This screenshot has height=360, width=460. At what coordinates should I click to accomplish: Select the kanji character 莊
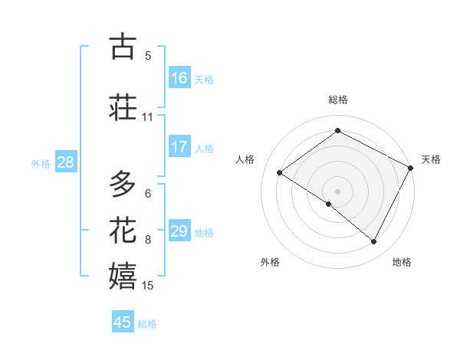tap(123, 106)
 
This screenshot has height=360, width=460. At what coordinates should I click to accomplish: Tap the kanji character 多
tap(123, 184)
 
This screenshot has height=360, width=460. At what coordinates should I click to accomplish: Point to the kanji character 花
tap(123, 230)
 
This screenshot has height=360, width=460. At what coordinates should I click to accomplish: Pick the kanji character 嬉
tap(123, 276)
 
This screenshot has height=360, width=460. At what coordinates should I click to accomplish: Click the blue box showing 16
tap(179, 77)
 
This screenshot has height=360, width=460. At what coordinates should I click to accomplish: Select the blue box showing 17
tap(179, 147)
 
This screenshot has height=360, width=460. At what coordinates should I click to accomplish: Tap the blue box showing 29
tap(179, 231)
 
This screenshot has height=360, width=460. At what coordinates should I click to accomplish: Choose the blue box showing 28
tap(65, 162)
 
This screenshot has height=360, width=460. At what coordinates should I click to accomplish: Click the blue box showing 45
tap(123, 322)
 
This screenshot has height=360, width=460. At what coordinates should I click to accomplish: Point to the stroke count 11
tap(147, 117)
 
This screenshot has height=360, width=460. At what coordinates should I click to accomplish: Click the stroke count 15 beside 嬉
tap(148, 286)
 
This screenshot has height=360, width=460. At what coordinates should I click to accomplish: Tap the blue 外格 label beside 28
tap(40, 163)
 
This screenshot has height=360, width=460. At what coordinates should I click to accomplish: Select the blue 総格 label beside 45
tap(147, 324)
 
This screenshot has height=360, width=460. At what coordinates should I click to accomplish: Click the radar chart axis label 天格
tap(431, 159)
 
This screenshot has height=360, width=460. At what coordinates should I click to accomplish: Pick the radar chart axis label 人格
tap(245, 159)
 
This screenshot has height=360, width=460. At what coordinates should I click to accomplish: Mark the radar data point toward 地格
tap(374, 242)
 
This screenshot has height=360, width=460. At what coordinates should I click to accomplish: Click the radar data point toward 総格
tap(337, 131)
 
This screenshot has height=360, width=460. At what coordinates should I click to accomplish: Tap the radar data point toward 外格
tap(329, 205)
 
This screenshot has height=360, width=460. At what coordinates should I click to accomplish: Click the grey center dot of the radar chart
tap(337, 191)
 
